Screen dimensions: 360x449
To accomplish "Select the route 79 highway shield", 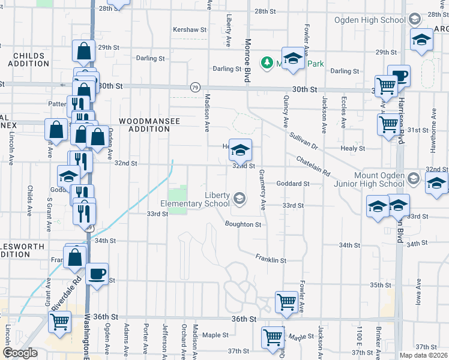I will coord(195,88).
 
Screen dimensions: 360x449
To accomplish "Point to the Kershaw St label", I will coord(190,29).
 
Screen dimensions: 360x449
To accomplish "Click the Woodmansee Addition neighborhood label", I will coord(149,125).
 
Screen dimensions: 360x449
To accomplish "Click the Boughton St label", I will coord(243,224).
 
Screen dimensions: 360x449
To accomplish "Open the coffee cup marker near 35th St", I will coord(97,275).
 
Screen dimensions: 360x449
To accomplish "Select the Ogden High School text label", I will coord(377,20).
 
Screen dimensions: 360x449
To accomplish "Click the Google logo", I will coord(20,353).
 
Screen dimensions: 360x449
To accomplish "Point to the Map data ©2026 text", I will coord(424,355).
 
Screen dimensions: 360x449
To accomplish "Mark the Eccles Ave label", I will coord(343,112).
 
